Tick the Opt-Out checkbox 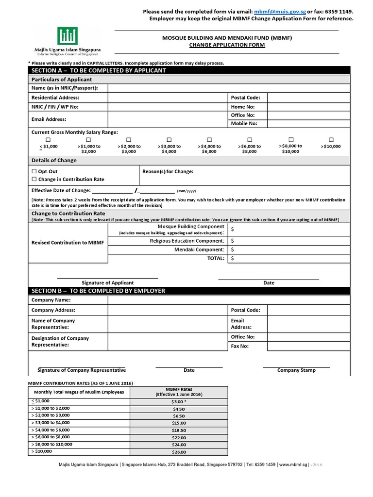(34, 171)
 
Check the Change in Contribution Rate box (34, 179)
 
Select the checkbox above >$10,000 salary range (331, 139)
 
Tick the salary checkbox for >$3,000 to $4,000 (169, 139)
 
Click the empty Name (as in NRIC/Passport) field (228, 88)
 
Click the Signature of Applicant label (107, 282)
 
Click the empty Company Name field (228, 300)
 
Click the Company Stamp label (296, 370)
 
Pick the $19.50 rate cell (178, 431)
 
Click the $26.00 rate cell (178, 452)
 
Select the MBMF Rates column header (178, 392)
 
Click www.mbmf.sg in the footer (293, 464)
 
